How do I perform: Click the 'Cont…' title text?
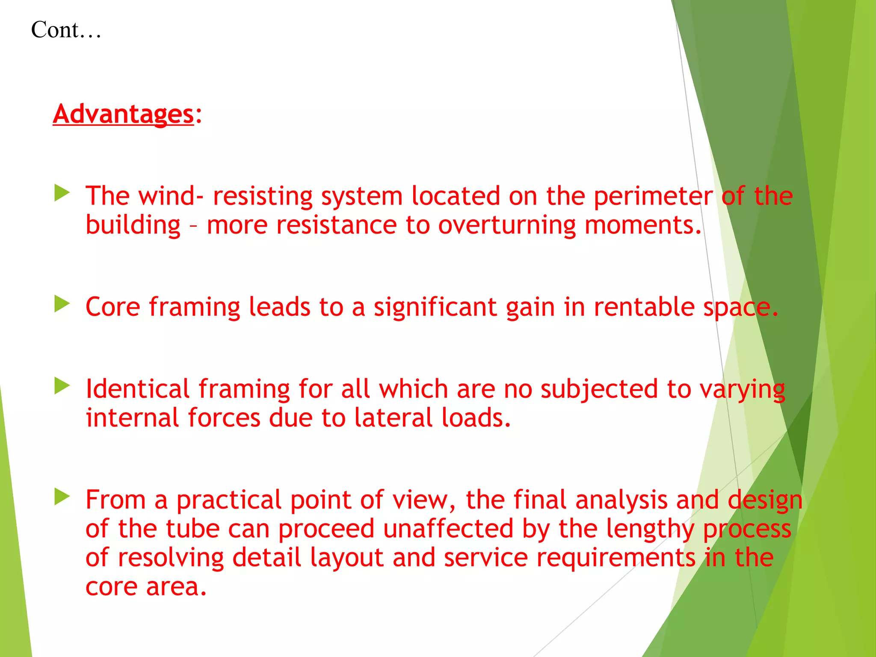66,30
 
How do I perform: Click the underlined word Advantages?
123,114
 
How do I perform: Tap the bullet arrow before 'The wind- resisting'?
62,193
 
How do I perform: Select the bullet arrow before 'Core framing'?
62,304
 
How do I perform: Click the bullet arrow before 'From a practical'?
62,497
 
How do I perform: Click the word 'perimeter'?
653,197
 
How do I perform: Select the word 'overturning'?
506,225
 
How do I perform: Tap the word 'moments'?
642,225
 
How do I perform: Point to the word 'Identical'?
137,389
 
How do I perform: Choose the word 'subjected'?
599,390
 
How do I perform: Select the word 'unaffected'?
448,529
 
